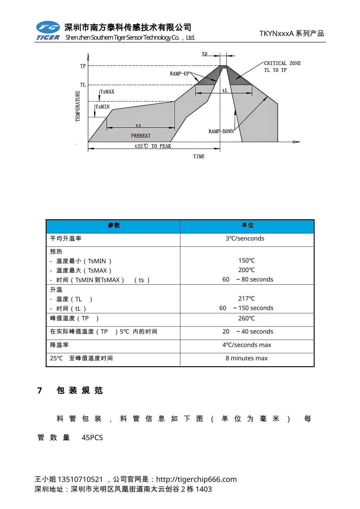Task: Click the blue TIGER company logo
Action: [x=48, y=30]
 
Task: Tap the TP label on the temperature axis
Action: [x=83, y=66]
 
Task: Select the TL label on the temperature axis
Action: [x=83, y=85]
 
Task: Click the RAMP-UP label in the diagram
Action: [x=179, y=74]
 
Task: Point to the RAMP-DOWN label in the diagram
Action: [x=221, y=132]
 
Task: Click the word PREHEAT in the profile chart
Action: [x=141, y=136]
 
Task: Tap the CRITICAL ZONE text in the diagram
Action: [x=282, y=64]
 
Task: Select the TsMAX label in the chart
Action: [x=107, y=92]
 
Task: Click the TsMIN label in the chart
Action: [x=103, y=107]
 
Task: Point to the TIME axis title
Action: [x=199, y=157]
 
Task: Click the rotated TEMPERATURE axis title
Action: [x=78, y=106]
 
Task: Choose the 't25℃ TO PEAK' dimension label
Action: [x=153, y=146]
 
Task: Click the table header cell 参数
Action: [x=114, y=225]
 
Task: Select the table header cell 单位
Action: [x=247, y=225]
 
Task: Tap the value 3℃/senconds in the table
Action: [x=245, y=239]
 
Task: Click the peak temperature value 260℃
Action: [x=246, y=318]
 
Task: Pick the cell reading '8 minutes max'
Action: [x=247, y=358]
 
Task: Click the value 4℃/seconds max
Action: [x=247, y=345]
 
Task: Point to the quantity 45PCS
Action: [x=92, y=438]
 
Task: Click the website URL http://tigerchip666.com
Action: [x=196, y=479]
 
